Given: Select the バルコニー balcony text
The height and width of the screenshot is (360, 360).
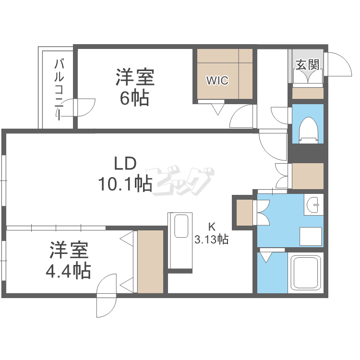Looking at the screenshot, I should click(60, 89).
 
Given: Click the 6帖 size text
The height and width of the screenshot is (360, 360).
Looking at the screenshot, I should click(134, 98).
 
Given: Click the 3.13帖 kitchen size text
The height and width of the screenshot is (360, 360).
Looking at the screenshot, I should click(211, 239).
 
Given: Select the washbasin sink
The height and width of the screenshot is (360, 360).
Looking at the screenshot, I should click(314, 206).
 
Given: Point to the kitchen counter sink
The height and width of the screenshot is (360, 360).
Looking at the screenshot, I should click(180, 226).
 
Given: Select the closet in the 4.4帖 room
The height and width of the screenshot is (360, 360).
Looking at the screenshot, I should click(150, 262).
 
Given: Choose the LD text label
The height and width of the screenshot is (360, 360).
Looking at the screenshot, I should click(126, 164).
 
